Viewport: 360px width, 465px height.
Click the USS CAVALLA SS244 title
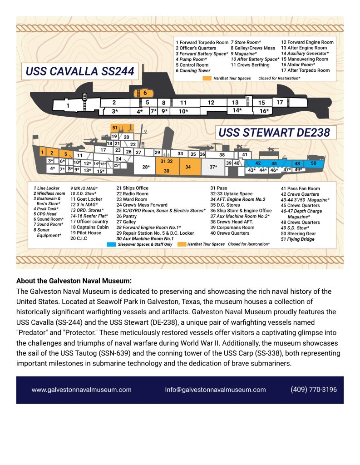pyautogui.click(x=80, y=71)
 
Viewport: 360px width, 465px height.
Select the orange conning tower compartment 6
pyautogui.click(x=144, y=93)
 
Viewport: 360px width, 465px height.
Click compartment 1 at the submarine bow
pyautogui.click(x=68, y=106)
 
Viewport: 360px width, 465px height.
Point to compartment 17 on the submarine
pyautogui.click(x=280, y=103)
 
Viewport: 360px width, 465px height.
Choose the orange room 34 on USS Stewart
pyautogui.click(x=188, y=167)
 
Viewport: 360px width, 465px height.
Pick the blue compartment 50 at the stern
pyautogui.click(x=313, y=163)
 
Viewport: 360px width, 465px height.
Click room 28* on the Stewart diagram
pyautogui.click(x=145, y=167)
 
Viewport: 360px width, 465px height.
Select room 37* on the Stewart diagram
pyautogui.click(x=213, y=167)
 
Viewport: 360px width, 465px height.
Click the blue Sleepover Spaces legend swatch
pyautogui.click(x=111, y=244)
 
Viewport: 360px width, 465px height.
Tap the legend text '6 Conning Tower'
pyautogui.click(x=193, y=71)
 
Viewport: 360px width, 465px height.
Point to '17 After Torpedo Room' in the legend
pyautogui.click(x=305, y=71)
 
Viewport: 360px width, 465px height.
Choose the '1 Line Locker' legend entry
pyautogui.click(x=46, y=188)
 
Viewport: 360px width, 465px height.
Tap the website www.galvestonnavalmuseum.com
pyautogui.click(x=82, y=390)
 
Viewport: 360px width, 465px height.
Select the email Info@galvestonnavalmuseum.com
pyautogui.click(x=215, y=390)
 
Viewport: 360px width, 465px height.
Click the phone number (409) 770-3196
pyautogui.click(x=314, y=390)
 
